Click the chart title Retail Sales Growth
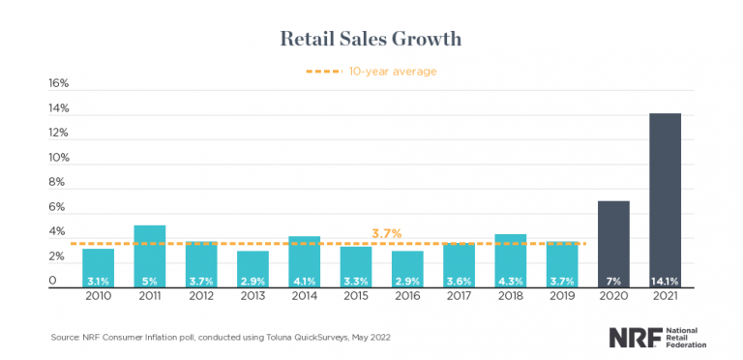(371, 39)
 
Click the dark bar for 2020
(613, 237)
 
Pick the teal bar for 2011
(149, 252)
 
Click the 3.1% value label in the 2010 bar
(98, 282)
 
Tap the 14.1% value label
(665, 282)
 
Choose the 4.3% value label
(510, 282)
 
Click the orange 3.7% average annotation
(387, 234)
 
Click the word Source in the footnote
(65, 337)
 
